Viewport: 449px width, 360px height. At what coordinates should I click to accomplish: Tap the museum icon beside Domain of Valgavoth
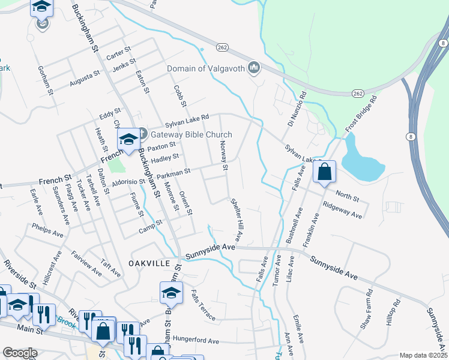254,68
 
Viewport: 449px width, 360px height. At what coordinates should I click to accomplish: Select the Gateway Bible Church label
191,134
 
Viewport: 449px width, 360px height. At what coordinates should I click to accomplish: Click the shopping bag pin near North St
324,172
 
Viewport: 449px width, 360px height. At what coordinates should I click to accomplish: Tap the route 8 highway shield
410,137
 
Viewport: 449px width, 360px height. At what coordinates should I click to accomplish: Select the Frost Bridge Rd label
361,113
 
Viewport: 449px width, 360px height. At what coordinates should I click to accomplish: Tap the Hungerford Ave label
196,340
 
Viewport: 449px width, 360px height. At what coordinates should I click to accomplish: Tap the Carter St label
118,52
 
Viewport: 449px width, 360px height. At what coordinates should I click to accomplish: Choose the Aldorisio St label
126,180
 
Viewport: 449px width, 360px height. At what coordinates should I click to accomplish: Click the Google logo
20,353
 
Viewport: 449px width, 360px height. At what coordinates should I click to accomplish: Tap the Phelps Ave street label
48,232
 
